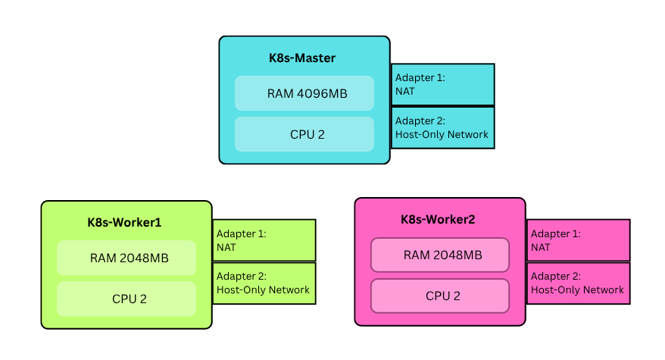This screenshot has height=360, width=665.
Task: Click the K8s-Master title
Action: [301, 58]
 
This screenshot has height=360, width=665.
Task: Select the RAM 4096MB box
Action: [304, 94]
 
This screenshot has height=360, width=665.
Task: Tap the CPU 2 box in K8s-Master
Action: [304, 134]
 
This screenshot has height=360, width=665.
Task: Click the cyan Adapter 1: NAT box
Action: [442, 84]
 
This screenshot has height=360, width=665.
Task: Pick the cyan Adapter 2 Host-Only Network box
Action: [442, 127]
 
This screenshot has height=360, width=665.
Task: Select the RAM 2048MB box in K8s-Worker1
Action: [126, 258]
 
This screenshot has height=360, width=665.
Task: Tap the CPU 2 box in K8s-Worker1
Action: [126, 299]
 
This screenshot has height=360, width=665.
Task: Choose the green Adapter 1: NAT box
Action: [264, 240]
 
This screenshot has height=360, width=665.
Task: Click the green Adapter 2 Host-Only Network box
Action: [264, 283]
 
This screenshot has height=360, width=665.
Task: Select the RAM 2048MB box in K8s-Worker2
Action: [439, 255]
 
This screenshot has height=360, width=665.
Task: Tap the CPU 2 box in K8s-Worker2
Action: [439, 296]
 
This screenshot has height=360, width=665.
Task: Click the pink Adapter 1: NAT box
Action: [578, 240]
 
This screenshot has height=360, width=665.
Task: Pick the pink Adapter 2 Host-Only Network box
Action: [578, 283]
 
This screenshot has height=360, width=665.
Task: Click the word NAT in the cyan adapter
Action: [405, 91]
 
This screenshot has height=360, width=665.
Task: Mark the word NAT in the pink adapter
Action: [541, 247]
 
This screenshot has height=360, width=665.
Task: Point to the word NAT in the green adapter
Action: [226, 247]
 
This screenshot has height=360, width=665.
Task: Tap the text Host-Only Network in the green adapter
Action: [263, 290]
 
